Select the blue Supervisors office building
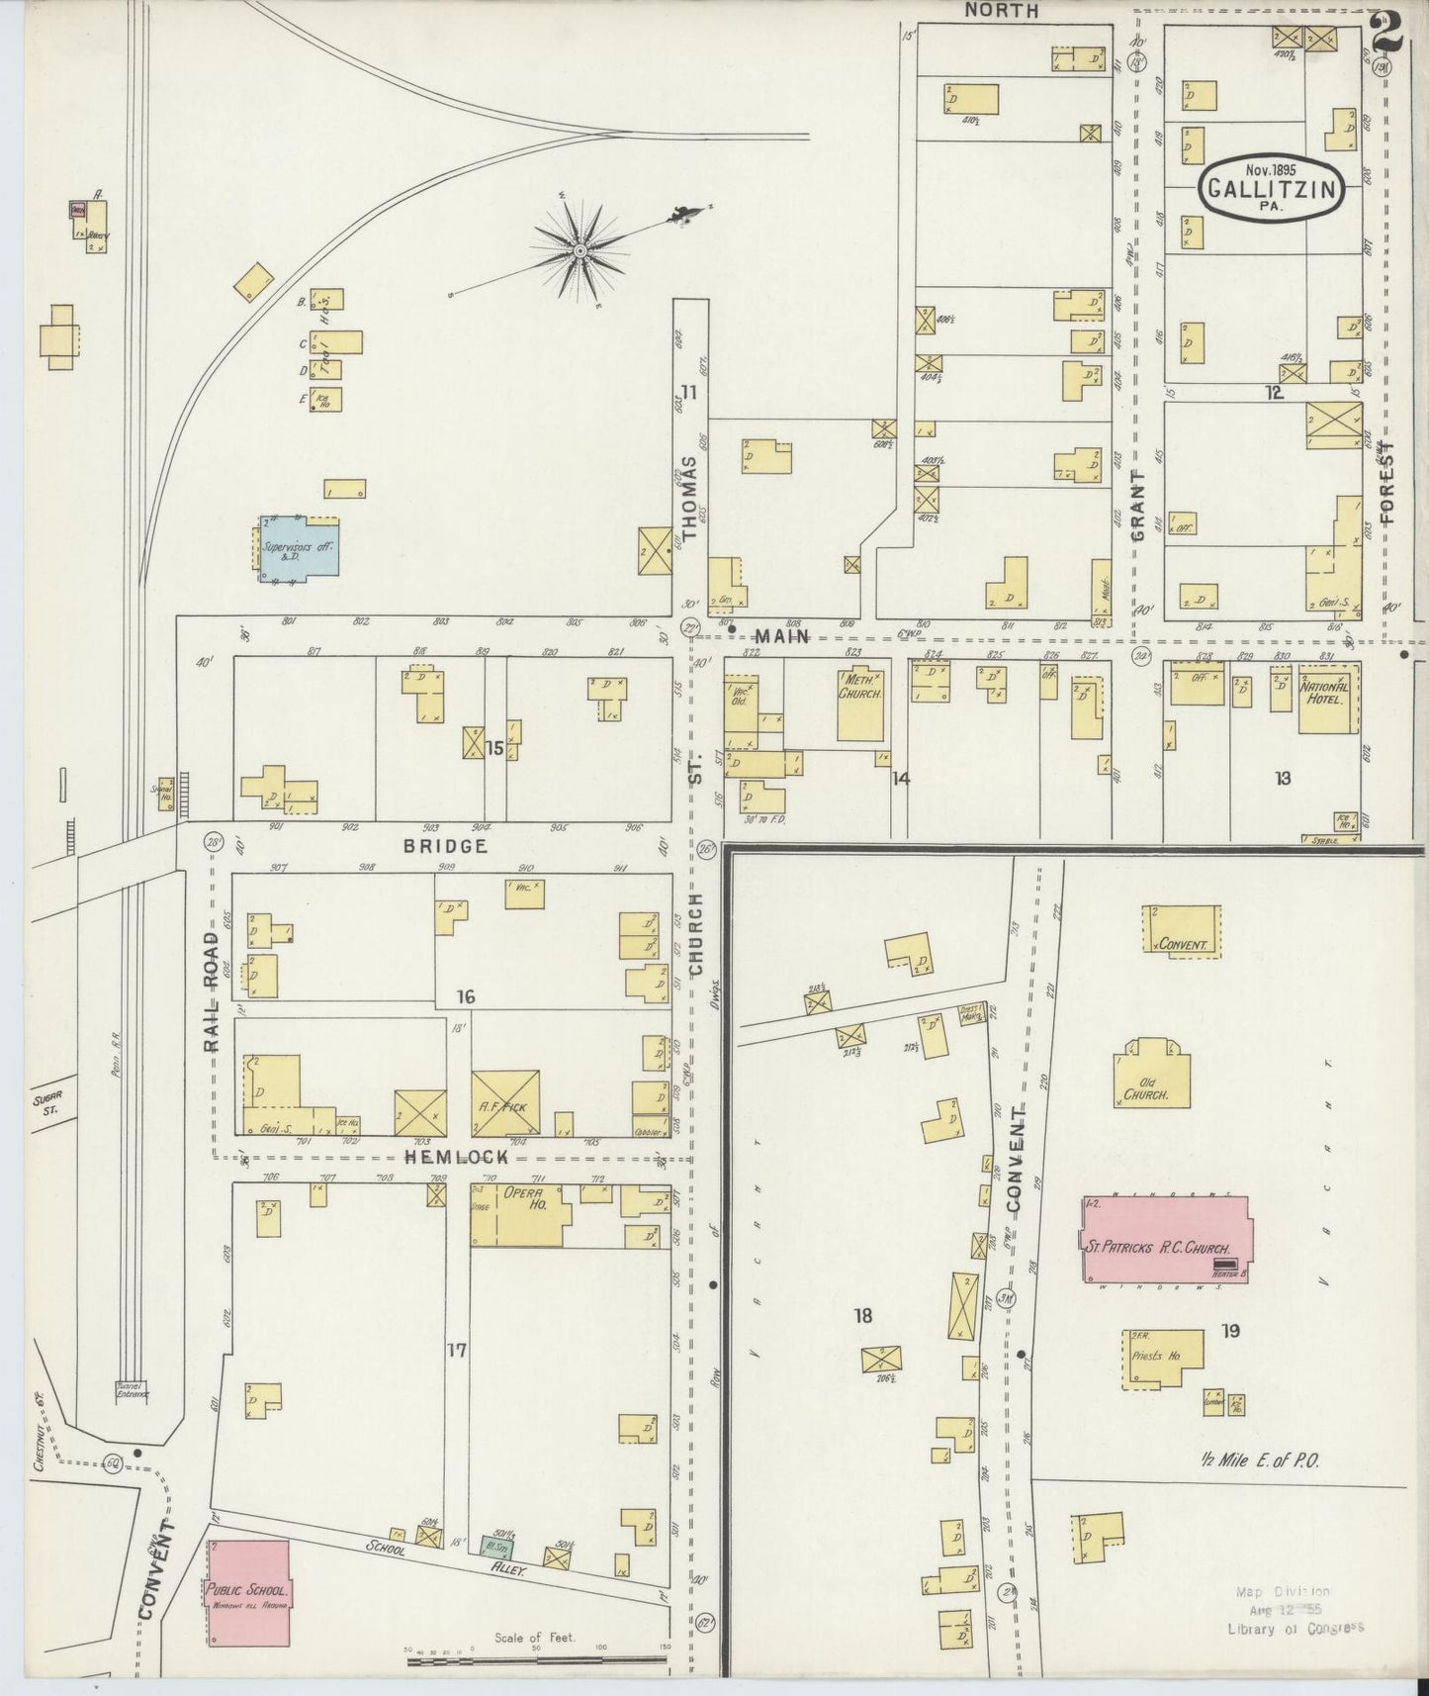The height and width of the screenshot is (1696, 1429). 299,546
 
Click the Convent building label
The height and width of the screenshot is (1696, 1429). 1183,944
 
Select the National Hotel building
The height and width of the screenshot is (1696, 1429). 1328,705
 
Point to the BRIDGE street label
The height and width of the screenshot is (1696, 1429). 445,846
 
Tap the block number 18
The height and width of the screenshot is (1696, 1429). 863,1315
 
